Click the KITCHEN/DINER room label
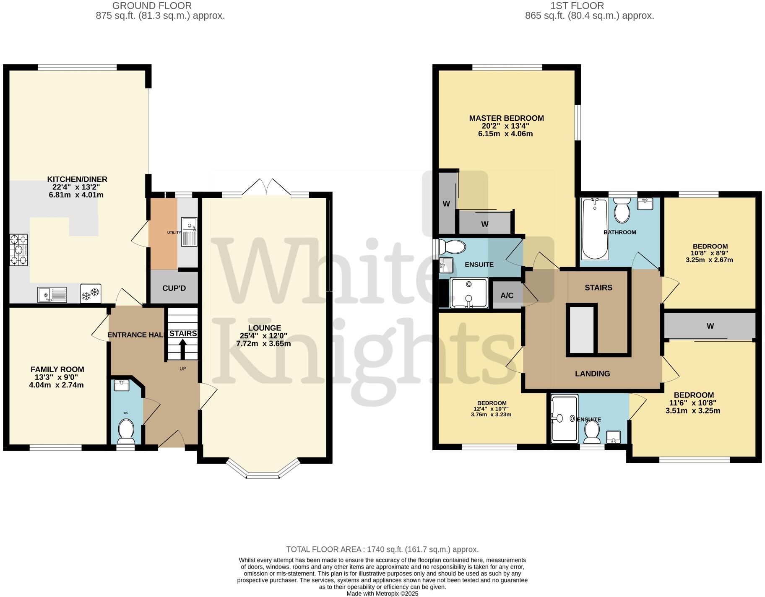[77, 179]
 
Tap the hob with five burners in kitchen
[18, 250]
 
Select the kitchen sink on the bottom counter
[52, 295]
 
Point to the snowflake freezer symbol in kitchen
[91, 294]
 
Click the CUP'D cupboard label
[174, 288]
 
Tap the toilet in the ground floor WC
[126, 432]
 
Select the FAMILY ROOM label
[57, 369]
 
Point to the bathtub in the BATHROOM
[594, 229]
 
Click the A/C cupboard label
[507, 296]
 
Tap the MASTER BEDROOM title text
[506, 118]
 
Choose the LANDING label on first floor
[592, 374]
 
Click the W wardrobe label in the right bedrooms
[710, 326]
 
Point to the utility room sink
[189, 232]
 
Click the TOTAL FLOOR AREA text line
[382, 549]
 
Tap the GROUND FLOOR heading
[152, 6]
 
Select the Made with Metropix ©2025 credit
[382, 594]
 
